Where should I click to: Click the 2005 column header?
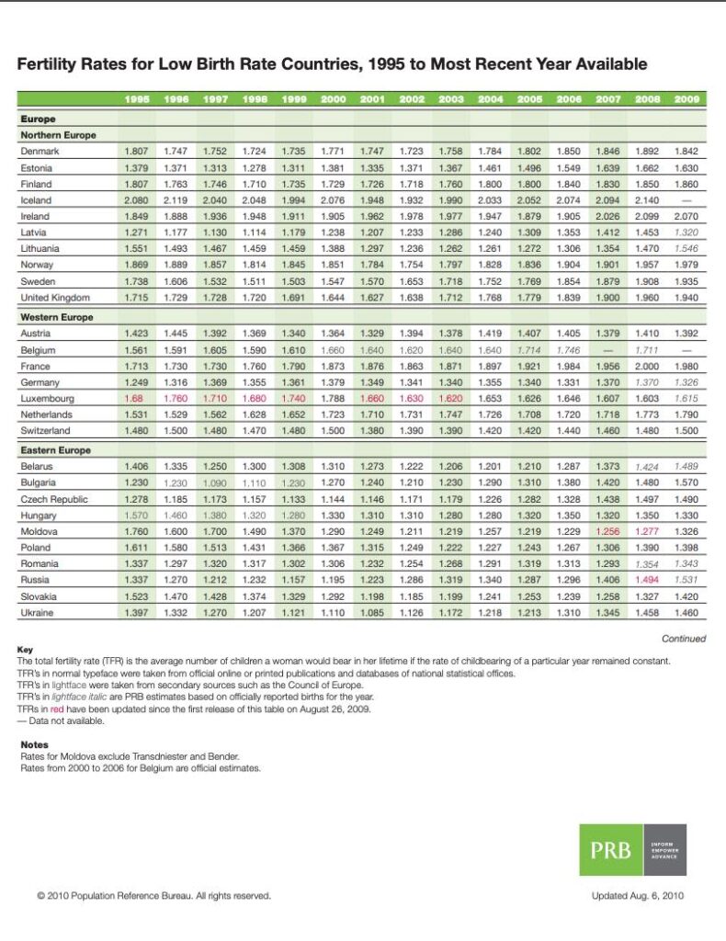pyautogui.click(x=530, y=98)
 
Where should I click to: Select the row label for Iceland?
pyautogui.click(x=36, y=200)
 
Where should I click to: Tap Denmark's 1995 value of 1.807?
pyautogui.click(x=136, y=151)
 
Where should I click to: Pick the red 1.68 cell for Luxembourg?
pyautogui.click(x=136, y=399)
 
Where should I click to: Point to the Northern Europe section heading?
pyautogui.click(x=58, y=135)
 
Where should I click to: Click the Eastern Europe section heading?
pyautogui.click(x=55, y=450)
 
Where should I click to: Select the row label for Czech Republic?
pyautogui.click(x=54, y=499)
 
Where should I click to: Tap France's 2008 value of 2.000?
pyautogui.click(x=648, y=367)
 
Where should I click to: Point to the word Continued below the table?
pyautogui.click(x=684, y=639)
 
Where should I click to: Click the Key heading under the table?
pyautogui.click(x=25, y=649)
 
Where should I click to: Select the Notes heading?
pyautogui.click(x=34, y=744)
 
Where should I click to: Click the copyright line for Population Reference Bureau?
pyautogui.click(x=153, y=896)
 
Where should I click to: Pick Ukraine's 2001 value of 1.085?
pyautogui.click(x=372, y=611)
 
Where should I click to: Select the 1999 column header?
pyautogui.click(x=293, y=98)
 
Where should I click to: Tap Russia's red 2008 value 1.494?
pyautogui.click(x=648, y=579)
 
